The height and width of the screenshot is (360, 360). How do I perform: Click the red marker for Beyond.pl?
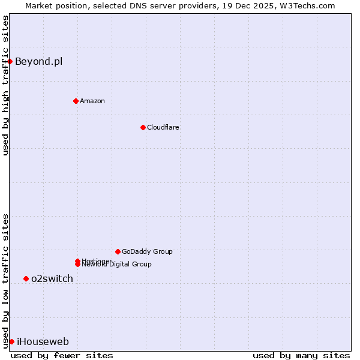[10, 61]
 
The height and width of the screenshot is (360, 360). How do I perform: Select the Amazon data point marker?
[76, 101]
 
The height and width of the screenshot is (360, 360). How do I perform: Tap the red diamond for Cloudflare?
[143, 127]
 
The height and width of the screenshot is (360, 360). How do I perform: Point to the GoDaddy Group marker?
[118, 251]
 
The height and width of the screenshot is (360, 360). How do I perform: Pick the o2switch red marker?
[26, 278]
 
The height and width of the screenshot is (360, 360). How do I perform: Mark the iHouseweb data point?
[11, 341]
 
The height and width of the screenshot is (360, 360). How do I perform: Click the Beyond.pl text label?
[38, 61]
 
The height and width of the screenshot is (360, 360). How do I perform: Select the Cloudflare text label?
[163, 127]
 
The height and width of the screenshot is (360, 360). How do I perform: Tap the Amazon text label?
[92, 101]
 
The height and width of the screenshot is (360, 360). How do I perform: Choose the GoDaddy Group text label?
[147, 251]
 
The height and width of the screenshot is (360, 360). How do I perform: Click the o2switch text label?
[52, 278]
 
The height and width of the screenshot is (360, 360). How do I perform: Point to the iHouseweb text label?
[43, 342]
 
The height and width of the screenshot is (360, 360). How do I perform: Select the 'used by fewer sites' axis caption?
[62, 355]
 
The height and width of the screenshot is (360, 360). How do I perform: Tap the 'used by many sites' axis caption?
[301, 355]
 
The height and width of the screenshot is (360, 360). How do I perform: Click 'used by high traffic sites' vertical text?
[5, 85]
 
